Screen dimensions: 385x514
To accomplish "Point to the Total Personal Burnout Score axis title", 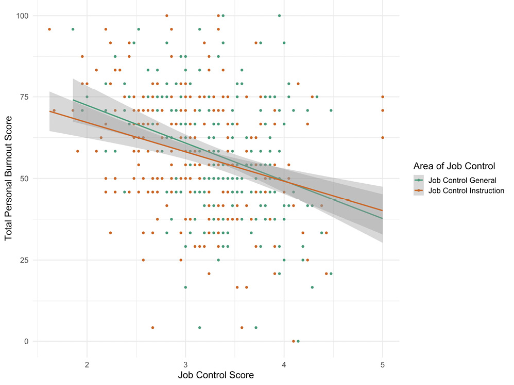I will click(9, 178).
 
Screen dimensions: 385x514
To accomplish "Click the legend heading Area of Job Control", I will click(454, 166).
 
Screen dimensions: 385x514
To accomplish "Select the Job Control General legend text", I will click(462, 180).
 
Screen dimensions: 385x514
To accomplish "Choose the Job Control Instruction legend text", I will click(466, 190).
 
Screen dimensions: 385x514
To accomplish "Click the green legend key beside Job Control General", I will click(419, 180).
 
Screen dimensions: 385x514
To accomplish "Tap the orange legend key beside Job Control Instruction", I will click(419, 190).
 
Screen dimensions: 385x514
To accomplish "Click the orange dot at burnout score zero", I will click(293, 341).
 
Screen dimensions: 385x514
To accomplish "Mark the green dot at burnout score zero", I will click(298, 341).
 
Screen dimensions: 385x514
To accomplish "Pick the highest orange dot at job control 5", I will click(383, 97).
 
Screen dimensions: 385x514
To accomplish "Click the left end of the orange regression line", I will click(49, 111).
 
